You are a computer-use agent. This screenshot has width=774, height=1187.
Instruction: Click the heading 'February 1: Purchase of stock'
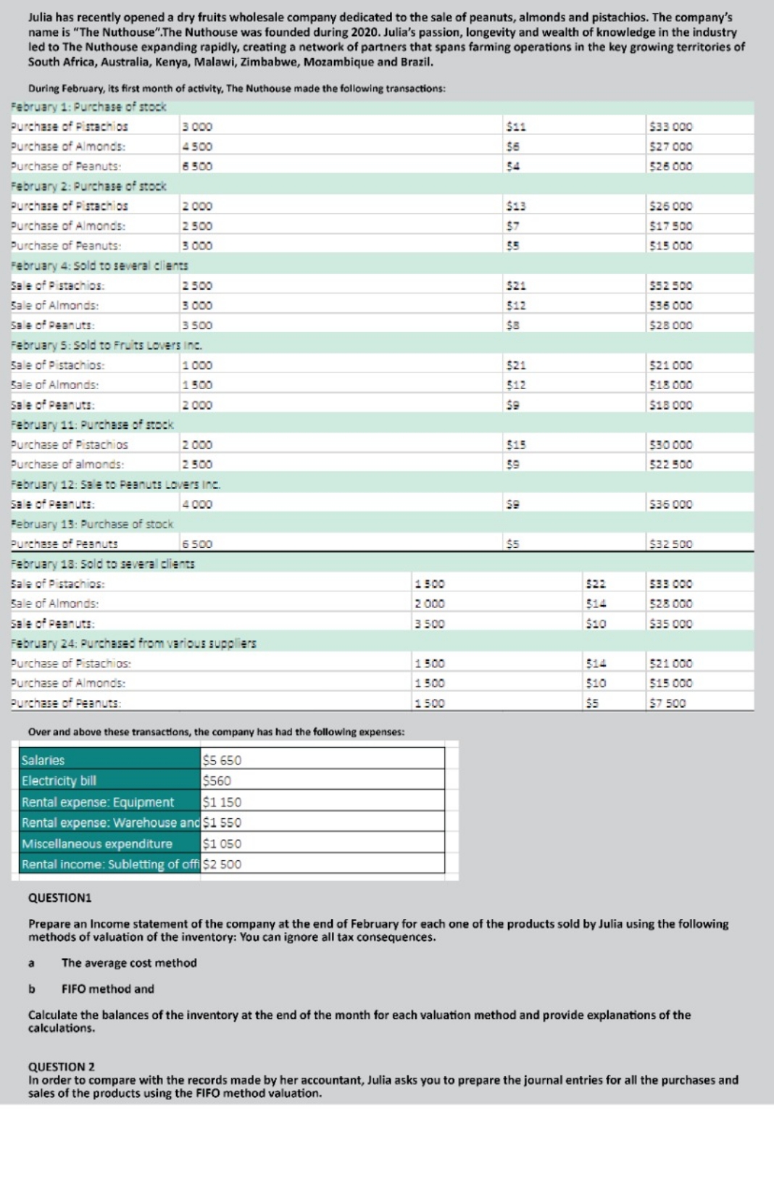click(88, 107)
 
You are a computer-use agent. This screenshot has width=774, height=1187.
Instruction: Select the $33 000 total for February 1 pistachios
click(671, 127)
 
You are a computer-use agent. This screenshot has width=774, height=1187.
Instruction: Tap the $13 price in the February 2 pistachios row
click(516, 207)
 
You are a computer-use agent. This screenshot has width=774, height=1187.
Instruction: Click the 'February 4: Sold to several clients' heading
click(99, 266)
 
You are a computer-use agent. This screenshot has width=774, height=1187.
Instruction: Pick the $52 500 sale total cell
click(671, 286)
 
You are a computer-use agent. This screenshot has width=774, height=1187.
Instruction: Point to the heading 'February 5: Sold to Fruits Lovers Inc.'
click(107, 346)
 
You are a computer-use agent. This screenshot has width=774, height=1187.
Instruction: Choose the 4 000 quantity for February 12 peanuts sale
click(197, 504)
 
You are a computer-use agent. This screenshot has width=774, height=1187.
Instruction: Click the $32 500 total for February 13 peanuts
click(671, 544)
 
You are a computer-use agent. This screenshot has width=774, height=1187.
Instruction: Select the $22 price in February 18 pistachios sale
click(596, 584)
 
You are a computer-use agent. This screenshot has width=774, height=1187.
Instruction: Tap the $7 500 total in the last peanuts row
click(667, 704)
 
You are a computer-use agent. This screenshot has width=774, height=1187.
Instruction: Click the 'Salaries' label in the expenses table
click(43, 760)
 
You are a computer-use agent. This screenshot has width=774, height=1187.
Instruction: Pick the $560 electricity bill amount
click(217, 780)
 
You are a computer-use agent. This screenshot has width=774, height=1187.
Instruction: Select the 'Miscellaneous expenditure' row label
click(97, 844)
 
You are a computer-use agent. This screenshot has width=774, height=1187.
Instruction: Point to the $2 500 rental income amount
click(222, 864)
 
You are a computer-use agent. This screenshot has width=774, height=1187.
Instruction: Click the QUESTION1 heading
click(59, 898)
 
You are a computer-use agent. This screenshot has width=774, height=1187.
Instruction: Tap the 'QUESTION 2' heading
click(61, 1067)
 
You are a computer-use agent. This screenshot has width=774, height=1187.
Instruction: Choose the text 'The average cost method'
click(129, 963)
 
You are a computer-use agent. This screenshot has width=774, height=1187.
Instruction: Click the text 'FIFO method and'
click(107, 989)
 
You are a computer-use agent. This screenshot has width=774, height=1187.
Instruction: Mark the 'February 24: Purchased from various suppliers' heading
click(133, 644)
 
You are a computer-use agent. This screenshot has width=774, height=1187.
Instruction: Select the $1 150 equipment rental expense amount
click(222, 802)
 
